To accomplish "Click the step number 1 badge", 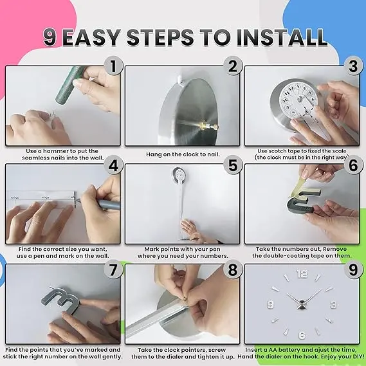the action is [113, 66].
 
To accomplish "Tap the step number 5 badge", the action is [233, 165].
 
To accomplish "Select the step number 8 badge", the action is [233, 270].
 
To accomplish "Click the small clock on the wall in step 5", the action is [179, 174].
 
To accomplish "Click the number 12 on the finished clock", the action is [302, 273].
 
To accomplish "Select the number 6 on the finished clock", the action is [302, 335].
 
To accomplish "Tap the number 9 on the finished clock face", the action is [270, 304].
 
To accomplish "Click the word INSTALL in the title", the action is [282, 37].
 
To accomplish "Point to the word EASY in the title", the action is [92, 37].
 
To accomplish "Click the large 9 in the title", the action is [50, 37].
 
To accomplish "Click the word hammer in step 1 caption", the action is [55, 151].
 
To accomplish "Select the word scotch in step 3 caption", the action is [278, 151].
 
